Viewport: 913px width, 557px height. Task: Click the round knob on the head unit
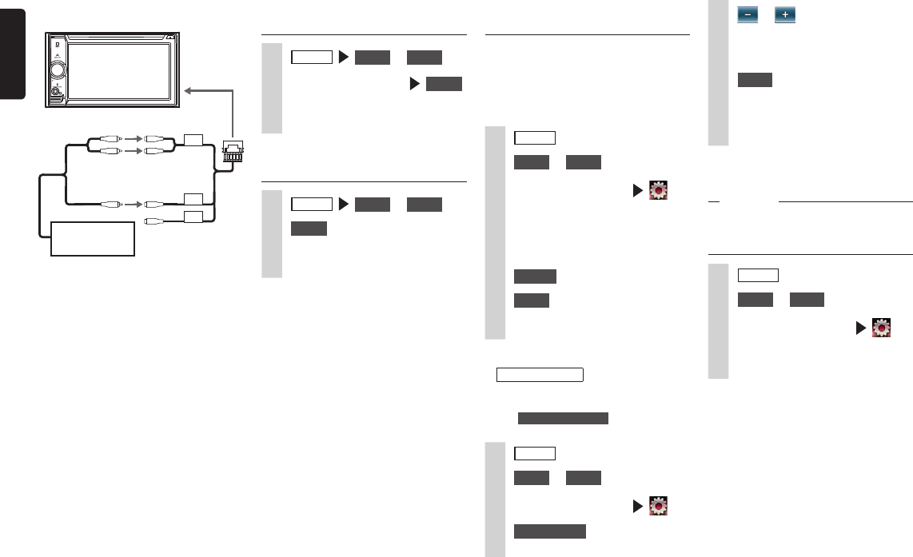point(58,70)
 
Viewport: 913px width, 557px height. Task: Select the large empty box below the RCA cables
point(93,238)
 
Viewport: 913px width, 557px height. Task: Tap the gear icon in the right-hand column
point(880,327)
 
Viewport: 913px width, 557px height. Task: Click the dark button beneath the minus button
point(755,79)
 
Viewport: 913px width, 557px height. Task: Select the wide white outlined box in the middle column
point(540,376)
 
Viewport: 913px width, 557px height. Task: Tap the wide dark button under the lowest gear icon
point(549,531)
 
